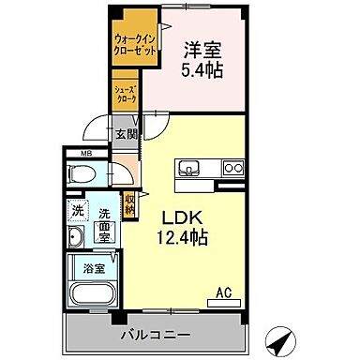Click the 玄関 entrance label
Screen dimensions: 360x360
coord(125,132)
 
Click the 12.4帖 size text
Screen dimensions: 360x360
coord(182,236)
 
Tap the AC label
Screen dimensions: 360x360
coord(224,292)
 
